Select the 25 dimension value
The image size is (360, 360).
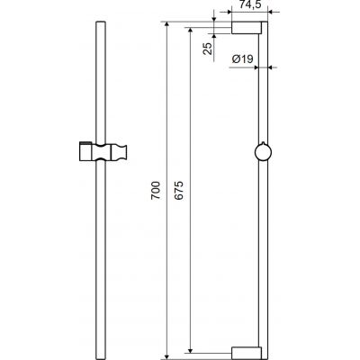(207, 48)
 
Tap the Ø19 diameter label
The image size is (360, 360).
(241, 59)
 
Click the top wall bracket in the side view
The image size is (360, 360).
(245, 29)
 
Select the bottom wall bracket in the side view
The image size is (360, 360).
(245, 352)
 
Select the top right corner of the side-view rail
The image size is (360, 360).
(268, 25)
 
